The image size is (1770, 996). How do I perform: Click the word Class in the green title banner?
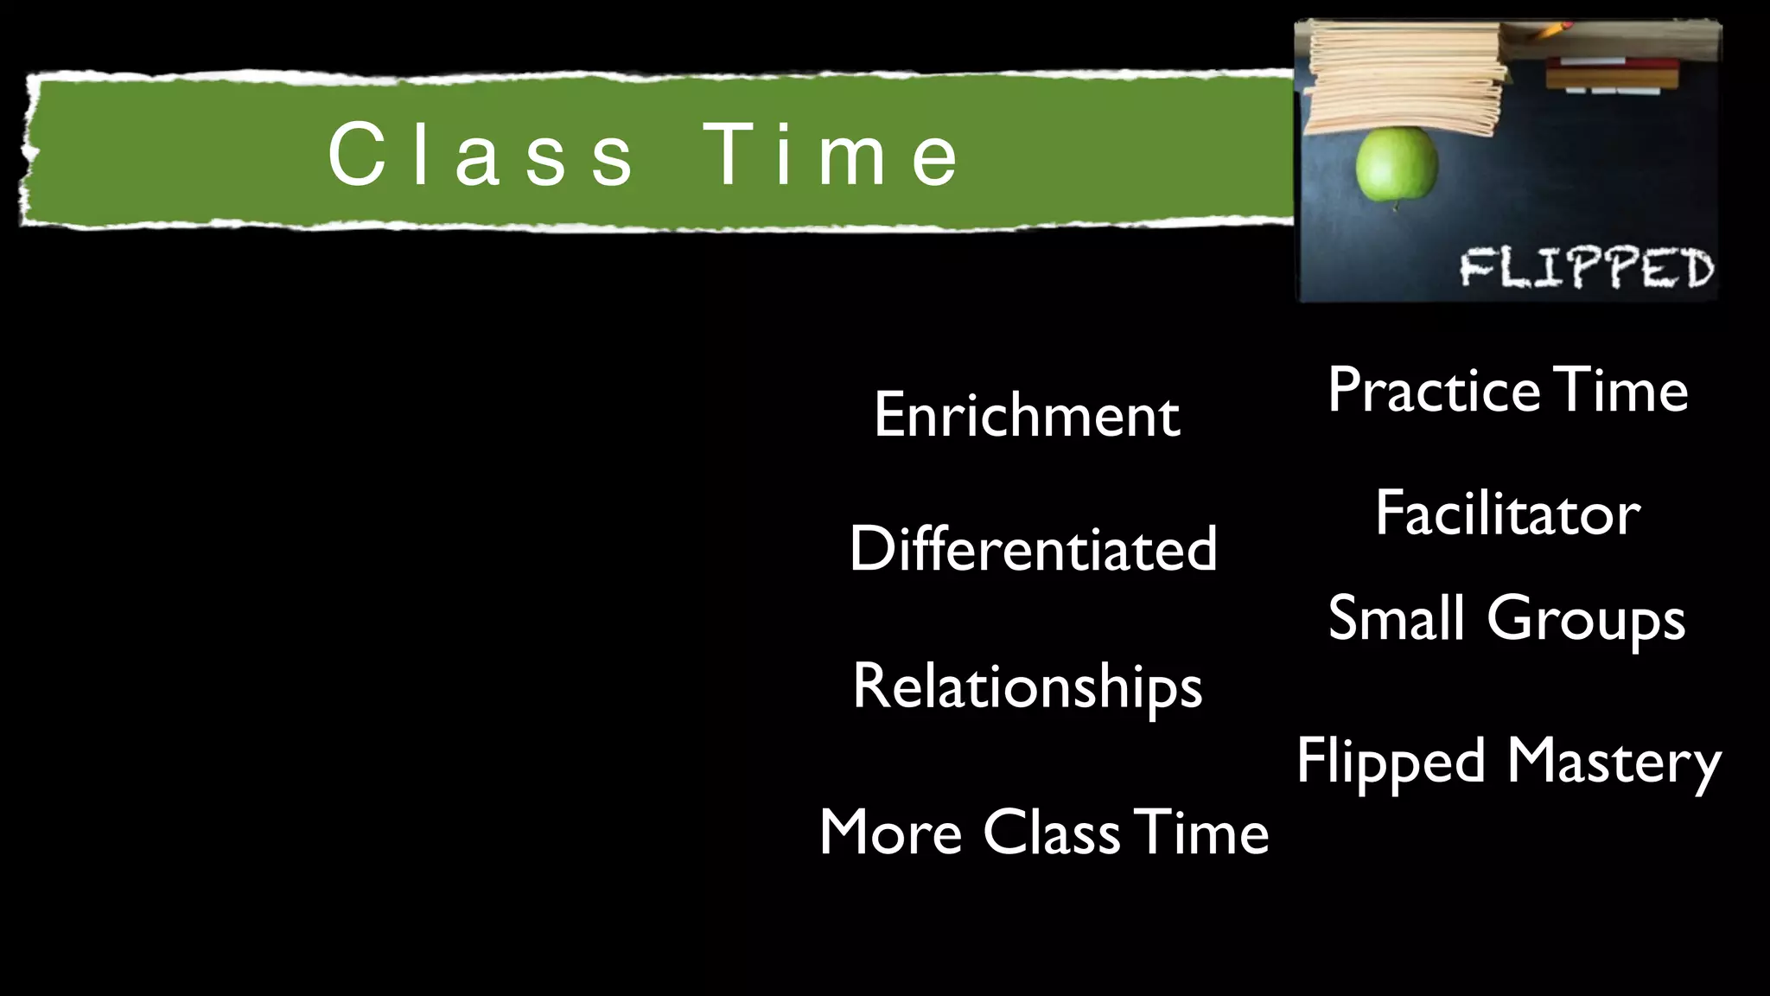point(481,154)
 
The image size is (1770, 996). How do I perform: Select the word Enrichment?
point(1027,415)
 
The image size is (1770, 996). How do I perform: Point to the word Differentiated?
point(1033,548)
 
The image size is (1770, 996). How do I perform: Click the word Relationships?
point(1027,686)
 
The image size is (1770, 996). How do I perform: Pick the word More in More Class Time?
point(890,832)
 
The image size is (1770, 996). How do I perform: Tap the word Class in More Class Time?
point(1052,832)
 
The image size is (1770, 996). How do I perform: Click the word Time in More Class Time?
point(1201,832)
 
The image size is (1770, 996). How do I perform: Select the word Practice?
point(1433,390)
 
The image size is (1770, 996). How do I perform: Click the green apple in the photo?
point(1396,164)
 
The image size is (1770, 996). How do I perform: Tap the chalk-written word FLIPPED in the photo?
point(1586,267)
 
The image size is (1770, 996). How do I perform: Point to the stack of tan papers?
point(1404,78)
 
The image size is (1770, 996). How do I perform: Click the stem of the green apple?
point(1394,207)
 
